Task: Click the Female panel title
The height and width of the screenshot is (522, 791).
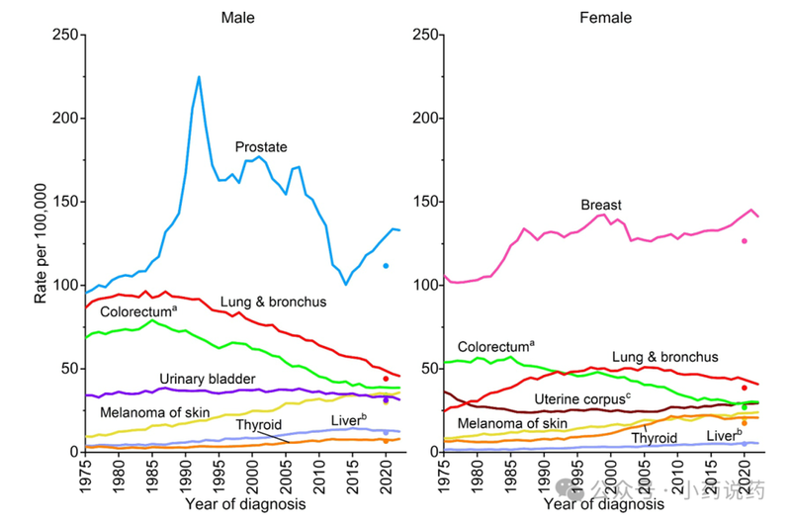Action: coord(604,17)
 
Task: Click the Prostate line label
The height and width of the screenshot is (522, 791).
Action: coord(261,147)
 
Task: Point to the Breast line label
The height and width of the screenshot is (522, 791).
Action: coord(601,205)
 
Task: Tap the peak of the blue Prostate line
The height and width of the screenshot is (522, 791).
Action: coord(199,76)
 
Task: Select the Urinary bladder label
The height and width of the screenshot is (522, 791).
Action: coord(207,379)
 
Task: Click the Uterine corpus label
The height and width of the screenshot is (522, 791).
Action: coord(581,398)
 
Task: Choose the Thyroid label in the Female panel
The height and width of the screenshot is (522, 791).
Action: coord(654,437)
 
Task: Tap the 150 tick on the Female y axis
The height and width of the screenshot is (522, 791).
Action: coord(422,203)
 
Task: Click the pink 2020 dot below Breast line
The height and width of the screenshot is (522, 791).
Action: coord(744,241)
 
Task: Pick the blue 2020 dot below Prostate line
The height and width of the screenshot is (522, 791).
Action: coord(387,265)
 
